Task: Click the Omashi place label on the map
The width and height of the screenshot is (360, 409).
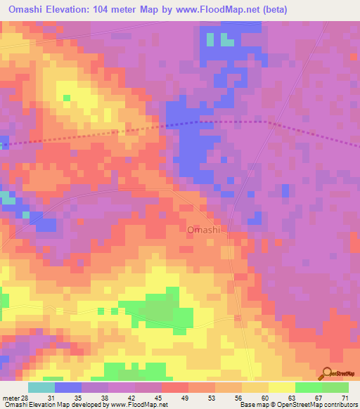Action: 204,230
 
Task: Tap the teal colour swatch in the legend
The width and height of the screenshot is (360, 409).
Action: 41,387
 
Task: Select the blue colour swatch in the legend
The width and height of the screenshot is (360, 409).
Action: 68,387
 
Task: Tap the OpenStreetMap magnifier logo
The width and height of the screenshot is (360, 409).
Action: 326,375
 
